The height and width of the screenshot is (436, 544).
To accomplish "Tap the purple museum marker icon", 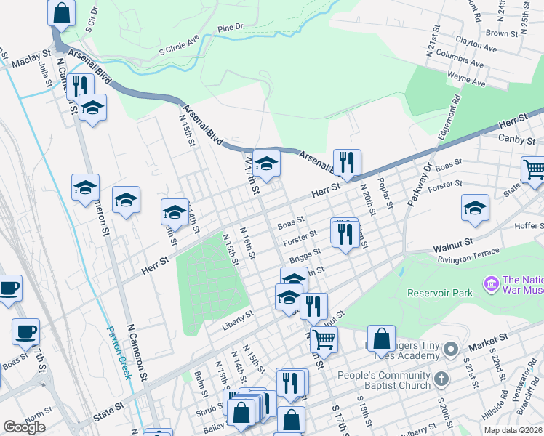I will pos(491,282).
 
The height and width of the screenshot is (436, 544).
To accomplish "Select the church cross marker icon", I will pos(441,378).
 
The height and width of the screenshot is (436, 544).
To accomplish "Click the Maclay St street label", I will pos(30,54).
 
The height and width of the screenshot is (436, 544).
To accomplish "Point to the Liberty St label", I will pos(238,315).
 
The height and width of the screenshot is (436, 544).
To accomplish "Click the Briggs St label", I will pos(305,254).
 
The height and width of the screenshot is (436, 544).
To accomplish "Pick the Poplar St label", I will pos(385,192).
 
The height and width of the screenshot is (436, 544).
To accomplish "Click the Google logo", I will pos(24,427).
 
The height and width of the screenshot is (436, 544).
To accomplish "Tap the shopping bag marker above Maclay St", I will pos(62,12).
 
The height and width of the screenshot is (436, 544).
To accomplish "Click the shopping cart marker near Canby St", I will pos(535,169).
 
